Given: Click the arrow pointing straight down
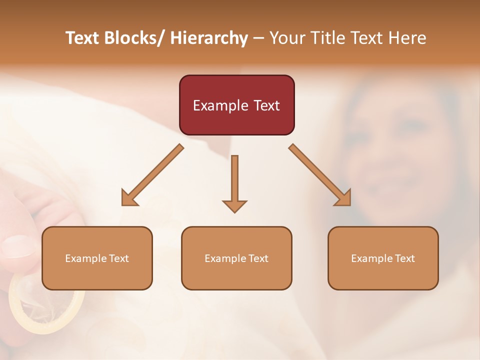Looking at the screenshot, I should tap(234, 182).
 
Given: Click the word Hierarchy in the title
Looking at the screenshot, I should tap(209, 38).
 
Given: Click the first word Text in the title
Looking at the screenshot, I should tap(82, 38).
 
